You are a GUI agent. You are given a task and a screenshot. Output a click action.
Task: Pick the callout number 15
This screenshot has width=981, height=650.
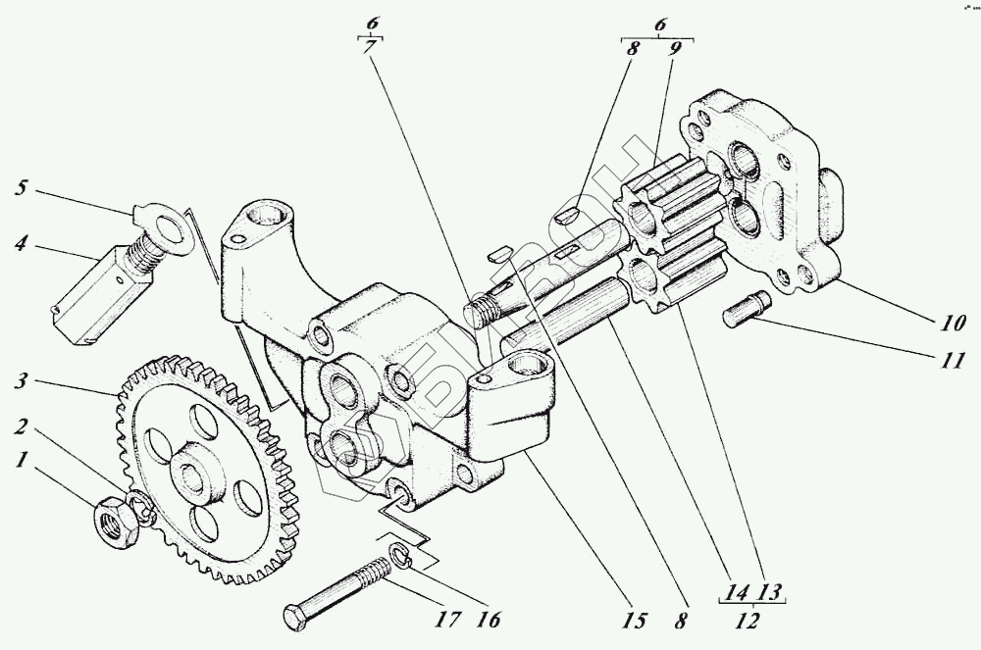(x=635, y=620)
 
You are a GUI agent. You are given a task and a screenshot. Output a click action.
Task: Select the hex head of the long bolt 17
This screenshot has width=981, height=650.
(x=296, y=616)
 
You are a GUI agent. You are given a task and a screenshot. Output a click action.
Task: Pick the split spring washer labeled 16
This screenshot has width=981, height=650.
(x=401, y=555)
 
